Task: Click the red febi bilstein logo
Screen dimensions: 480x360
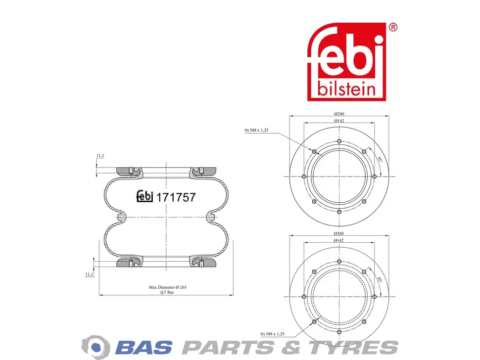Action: click(x=346, y=61)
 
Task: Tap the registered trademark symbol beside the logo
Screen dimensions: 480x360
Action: click(x=393, y=28)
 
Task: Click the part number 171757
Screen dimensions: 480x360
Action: click(x=176, y=198)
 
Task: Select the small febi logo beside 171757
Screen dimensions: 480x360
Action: click(x=144, y=196)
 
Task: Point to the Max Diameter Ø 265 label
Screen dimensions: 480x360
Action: click(x=167, y=287)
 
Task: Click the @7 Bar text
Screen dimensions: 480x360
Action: click(x=167, y=292)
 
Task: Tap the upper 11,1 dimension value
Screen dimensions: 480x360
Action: click(x=100, y=156)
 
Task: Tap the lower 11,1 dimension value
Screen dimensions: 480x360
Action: click(x=89, y=274)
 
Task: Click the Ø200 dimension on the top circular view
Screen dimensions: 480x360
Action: click(x=339, y=114)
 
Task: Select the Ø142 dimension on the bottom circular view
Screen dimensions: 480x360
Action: click(x=339, y=240)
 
